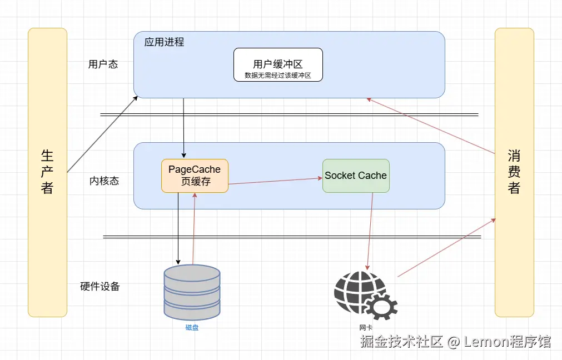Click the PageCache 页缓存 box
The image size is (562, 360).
195,176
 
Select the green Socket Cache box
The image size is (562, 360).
356,176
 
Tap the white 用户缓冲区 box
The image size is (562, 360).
278,64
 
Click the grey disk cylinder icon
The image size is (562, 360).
192,292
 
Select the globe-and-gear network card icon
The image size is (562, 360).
364,294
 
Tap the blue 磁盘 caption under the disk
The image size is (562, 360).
192,328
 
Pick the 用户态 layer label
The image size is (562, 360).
103,64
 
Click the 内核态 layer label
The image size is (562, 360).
104,181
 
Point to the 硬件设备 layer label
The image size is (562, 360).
100,287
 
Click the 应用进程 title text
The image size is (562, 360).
164,42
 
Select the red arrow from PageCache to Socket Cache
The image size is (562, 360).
275,181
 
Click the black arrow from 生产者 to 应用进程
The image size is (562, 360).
103,134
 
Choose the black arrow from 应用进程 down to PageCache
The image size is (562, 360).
184,128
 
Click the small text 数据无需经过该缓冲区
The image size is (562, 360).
278,75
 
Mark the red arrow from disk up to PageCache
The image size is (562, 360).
194,228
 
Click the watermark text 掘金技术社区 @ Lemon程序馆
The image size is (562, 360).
456,342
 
